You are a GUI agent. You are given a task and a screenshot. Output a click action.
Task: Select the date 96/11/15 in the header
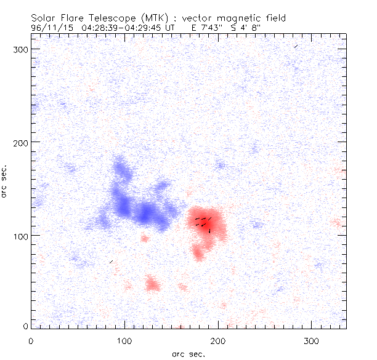pos(53,27)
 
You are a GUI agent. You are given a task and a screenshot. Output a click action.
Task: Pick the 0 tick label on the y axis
pos(26,326)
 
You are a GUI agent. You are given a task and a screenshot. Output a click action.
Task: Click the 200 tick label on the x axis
pos(219,340)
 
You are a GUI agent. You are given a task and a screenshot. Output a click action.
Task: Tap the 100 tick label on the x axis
pos(125,340)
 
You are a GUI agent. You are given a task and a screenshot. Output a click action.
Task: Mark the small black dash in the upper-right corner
pos(296,46)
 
